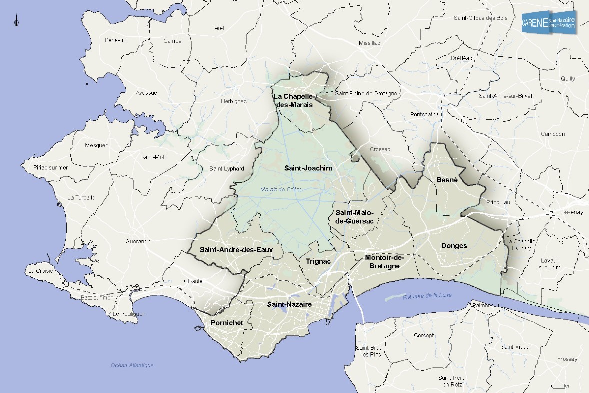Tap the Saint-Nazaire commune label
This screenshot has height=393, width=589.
[x=289, y=304]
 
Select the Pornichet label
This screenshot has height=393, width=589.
[x=227, y=323]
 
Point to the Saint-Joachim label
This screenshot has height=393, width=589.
[x=308, y=168]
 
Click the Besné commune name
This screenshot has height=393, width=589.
[x=447, y=180]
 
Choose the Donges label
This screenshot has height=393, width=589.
[x=454, y=246]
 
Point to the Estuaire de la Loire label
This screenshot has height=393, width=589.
[x=427, y=296]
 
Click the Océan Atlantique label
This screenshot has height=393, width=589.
[x=132, y=365]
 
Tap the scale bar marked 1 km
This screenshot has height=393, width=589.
[x=561, y=386]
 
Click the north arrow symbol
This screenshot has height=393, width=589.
[x=16, y=21]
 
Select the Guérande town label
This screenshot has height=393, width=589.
[x=138, y=241]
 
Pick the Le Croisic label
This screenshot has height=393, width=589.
[x=41, y=271]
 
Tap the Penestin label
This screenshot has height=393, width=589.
[x=116, y=40]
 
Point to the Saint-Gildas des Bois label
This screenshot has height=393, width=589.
[x=480, y=18]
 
